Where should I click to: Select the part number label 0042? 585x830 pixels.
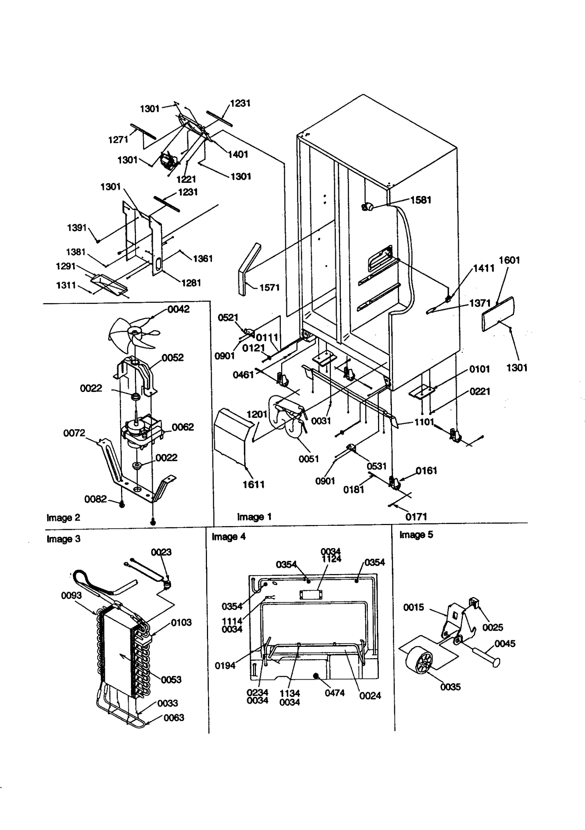point(178,309)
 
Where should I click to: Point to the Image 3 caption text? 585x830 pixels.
point(63,539)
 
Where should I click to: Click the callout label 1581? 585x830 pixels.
point(420,200)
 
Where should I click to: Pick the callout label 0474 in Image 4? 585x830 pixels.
point(335,693)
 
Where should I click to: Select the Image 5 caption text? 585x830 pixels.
point(416,535)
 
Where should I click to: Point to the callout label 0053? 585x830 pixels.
point(171,679)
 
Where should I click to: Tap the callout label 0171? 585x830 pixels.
point(416,517)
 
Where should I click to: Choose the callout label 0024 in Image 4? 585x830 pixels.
point(370,695)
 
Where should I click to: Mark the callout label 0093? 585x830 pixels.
point(71,595)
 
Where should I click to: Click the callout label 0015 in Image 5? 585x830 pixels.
point(414,607)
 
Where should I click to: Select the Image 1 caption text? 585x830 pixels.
point(254,517)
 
